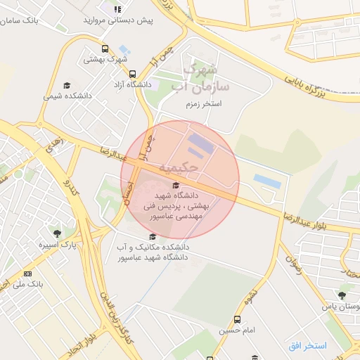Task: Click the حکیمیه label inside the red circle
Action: point(174,168)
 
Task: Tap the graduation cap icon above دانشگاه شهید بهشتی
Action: point(175,185)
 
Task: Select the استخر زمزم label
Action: point(203,103)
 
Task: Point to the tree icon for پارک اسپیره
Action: point(57,233)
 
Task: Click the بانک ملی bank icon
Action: point(27,274)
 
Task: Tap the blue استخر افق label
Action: point(307,345)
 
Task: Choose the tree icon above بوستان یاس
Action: point(341,295)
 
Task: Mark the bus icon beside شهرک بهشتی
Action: point(105,49)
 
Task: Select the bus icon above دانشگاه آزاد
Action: point(132,73)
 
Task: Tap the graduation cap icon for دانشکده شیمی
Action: point(67,84)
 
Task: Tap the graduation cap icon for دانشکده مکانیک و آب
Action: point(153,236)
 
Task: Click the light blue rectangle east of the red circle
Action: point(267,181)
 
